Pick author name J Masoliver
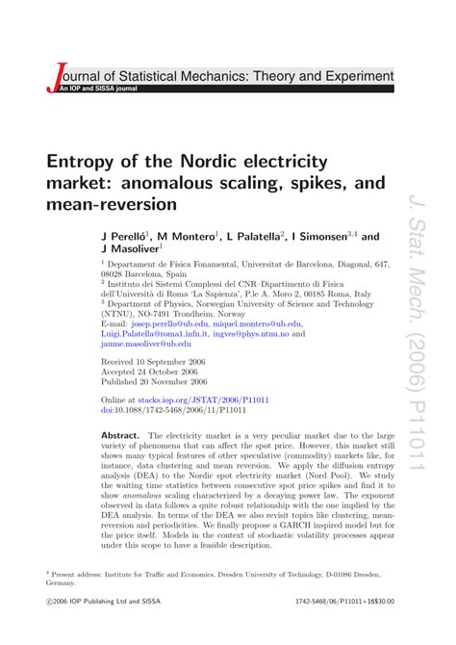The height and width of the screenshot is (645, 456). [x=131, y=248]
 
